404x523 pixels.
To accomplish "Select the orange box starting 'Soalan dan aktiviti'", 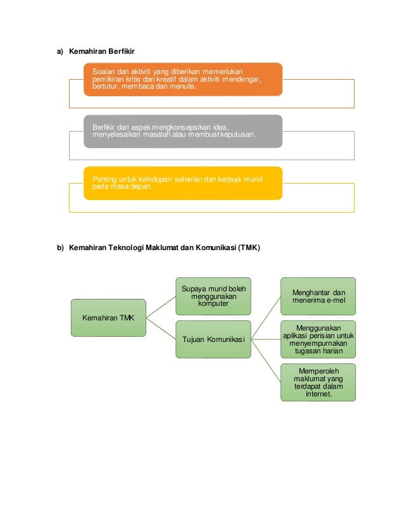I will pyautogui.click(x=183, y=79).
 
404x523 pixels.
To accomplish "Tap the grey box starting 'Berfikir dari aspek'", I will pyautogui.click(x=183, y=131).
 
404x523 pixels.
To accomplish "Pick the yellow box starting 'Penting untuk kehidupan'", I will pyautogui.click(x=183, y=183).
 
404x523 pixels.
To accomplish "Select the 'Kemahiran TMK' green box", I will pyautogui.click(x=108, y=317).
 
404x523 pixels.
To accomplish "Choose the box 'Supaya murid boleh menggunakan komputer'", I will pyautogui.click(x=213, y=296).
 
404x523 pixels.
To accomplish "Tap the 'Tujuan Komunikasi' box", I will pyautogui.click(x=213, y=339).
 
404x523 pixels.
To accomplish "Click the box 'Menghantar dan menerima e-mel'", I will pyautogui.click(x=318, y=296).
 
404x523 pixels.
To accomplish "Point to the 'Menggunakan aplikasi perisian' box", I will pyautogui.click(x=318, y=339).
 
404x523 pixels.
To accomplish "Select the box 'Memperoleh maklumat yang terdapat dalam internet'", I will pyautogui.click(x=318, y=382).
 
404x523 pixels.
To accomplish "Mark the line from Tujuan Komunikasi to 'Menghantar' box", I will pyautogui.click(x=265, y=317).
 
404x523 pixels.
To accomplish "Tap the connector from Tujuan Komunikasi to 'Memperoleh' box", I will pyautogui.click(x=265, y=360).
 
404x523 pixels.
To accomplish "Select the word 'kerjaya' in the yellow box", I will pyautogui.click(x=222, y=179).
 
